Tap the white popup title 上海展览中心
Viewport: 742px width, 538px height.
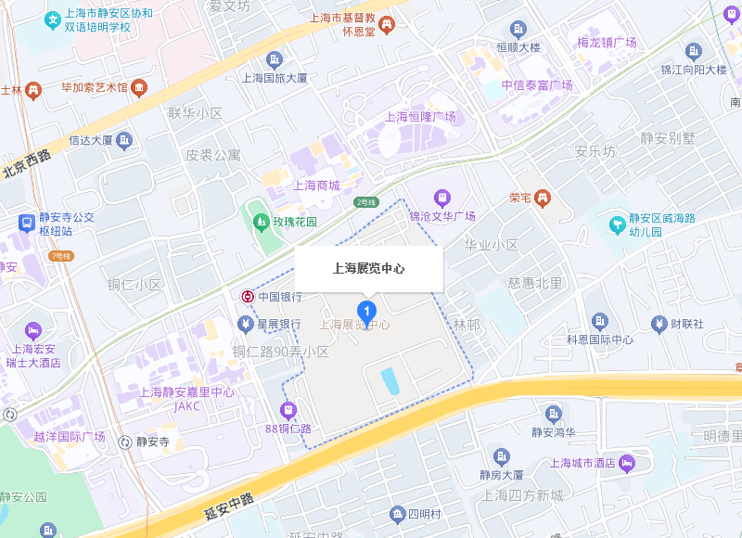tap(369, 269)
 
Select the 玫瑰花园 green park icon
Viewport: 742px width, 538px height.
tap(260, 222)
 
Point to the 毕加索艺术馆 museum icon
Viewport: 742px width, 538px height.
tap(140, 88)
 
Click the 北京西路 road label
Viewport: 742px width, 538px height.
tap(26, 163)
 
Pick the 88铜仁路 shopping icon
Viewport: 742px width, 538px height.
tap(288, 409)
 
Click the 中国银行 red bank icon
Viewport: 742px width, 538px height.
tap(248, 297)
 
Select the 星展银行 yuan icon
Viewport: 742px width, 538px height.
tap(245, 324)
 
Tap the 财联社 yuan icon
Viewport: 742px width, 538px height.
tap(659, 324)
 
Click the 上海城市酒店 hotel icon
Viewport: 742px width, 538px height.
tap(628, 461)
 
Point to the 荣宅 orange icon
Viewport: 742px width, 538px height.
tap(542, 198)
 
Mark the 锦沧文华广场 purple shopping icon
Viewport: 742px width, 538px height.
tap(442, 197)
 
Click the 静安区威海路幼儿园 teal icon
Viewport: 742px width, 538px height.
tap(617, 224)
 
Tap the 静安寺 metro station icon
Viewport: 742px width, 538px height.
tap(124, 442)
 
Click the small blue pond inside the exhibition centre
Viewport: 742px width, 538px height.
tap(389, 379)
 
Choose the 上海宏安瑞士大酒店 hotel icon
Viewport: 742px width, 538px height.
tap(33, 329)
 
